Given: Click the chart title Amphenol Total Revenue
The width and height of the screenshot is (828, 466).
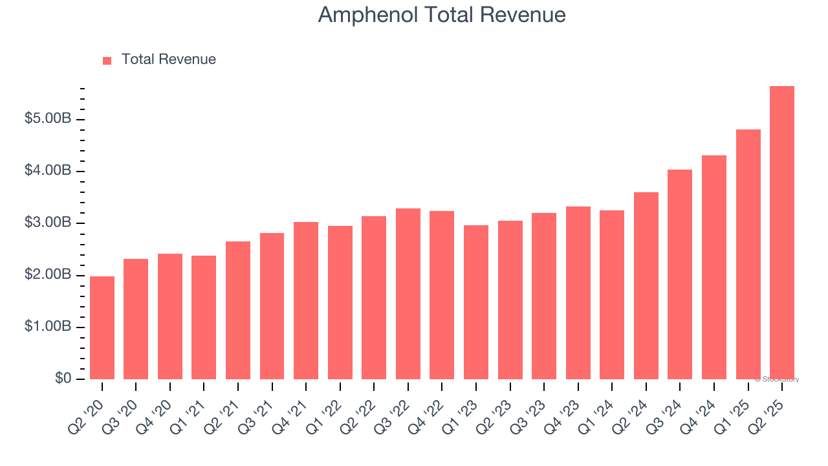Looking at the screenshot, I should (x=442, y=15).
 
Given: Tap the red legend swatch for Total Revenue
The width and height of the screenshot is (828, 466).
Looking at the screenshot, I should (x=107, y=60).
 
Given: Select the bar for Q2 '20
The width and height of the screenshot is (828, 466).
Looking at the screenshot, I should (x=102, y=327).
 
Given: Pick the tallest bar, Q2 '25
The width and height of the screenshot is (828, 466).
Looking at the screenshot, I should (x=782, y=233).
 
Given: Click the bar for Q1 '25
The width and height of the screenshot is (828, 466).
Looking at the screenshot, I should (x=748, y=254).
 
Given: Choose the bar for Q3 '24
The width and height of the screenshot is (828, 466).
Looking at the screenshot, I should (x=680, y=274).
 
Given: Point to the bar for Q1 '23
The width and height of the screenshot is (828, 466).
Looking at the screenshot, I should (x=476, y=302).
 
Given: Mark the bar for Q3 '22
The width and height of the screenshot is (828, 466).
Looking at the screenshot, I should (x=408, y=294).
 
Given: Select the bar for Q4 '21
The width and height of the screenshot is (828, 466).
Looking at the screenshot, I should (x=306, y=300).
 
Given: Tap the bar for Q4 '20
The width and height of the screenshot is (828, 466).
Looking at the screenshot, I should (x=170, y=316).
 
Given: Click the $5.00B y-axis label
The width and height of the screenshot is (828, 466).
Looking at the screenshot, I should (x=48, y=120).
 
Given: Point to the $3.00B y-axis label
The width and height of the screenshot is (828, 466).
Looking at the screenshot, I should (x=48, y=223).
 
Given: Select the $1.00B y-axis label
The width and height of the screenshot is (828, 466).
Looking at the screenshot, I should (x=48, y=327).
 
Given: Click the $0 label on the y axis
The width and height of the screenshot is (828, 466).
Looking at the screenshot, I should (x=63, y=379).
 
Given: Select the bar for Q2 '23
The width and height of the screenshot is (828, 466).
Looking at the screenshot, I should (x=510, y=300).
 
